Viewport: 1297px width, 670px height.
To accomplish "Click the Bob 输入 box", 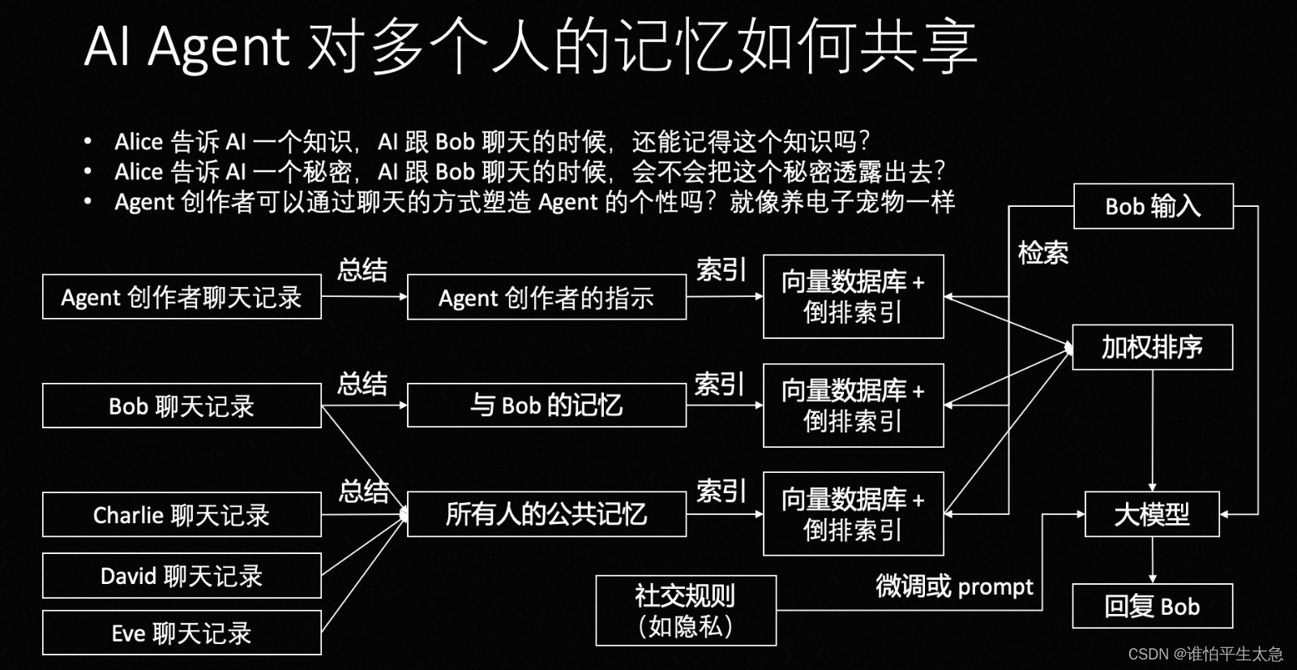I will (x=1153, y=206).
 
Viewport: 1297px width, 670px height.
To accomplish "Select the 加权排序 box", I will (x=1152, y=347).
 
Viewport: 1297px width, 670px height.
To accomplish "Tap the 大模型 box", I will (x=1152, y=514).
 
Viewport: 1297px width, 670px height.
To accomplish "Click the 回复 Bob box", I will (x=1152, y=606).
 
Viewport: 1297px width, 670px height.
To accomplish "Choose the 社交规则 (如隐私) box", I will (x=686, y=611).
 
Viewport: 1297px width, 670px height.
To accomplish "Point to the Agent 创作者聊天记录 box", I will (x=182, y=297).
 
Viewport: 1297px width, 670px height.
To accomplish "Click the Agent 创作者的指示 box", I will (x=546, y=298).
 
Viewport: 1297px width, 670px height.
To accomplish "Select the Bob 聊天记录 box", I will (x=182, y=406).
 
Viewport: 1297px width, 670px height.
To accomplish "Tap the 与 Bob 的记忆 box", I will (x=546, y=405).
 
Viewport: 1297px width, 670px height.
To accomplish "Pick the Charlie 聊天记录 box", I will (x=182, y=514).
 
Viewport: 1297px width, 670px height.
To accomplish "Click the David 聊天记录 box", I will (x=182, y=576).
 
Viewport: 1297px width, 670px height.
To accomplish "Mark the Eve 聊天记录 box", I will (x=182, y=633).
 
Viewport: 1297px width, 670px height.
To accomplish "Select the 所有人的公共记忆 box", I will (x=546, y=514).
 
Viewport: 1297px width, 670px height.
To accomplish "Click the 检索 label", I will (x=1042, y=253).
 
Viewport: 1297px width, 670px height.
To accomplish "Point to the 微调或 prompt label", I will (x=954, y=586).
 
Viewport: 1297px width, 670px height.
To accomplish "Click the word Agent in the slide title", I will (x=219, y=46).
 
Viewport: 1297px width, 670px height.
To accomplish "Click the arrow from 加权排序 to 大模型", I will (x=1152, y=430).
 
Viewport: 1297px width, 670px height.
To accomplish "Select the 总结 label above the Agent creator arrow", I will (x=362, y=270).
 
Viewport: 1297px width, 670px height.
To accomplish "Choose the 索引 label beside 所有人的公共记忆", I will (x=721, y=492).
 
